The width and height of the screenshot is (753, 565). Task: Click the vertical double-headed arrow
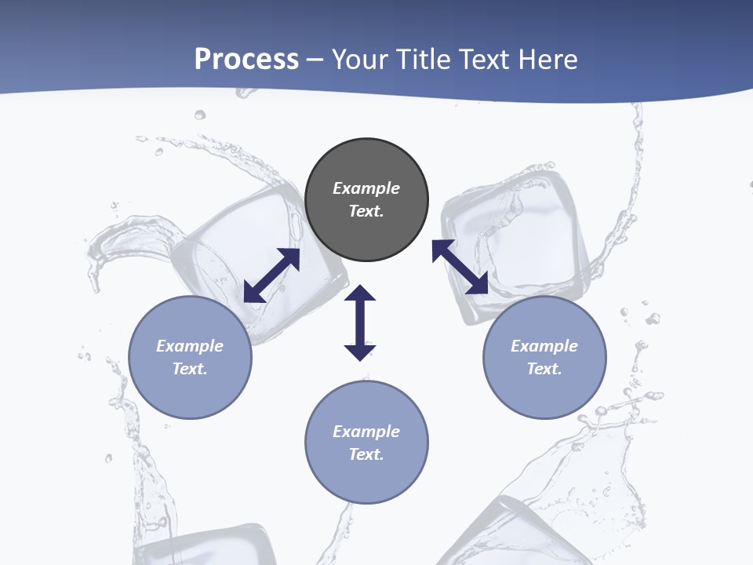[x=360, y=323]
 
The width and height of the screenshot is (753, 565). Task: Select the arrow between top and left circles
[x=271, y=275]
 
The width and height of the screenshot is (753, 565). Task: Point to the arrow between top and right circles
[x=460, y=267]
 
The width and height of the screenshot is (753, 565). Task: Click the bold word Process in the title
[x=246, y=59]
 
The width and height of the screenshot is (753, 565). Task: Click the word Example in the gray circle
[x=366, y=188]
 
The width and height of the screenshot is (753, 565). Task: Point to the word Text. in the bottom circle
[x=366, y=454]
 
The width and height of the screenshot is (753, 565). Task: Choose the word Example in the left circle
[x=190, y=346]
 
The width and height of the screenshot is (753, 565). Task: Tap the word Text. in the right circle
[x=544, y=369]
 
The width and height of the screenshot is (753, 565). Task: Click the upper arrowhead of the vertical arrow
[x=360, y=293]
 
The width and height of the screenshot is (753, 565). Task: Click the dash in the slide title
[x=315, y=60]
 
